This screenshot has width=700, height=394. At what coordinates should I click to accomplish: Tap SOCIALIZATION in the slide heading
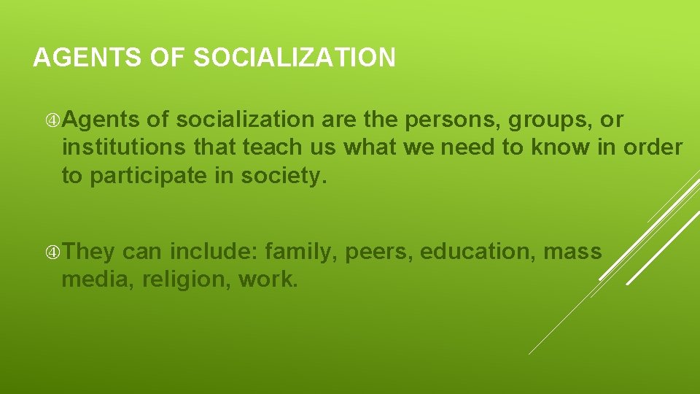click(x=295, y=58)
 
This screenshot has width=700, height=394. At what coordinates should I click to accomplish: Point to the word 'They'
click(x=88, y=252)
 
